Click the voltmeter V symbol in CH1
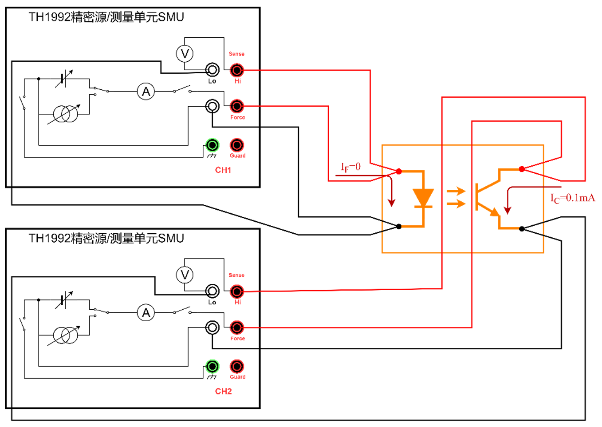pos(185,54)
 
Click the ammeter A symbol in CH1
pos(146,92)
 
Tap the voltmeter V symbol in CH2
pos(185,275)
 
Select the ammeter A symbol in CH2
pos(146,313)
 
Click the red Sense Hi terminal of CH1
pos(237,70)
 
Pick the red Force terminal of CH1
pos(237,106)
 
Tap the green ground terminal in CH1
pos(212,145)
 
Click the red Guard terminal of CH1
pos(237,145)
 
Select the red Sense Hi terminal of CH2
pos(237,291)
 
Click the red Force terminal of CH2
pos(237,327)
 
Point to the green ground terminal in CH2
pos(212,366)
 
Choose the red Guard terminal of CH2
pos(237,366)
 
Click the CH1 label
pos(223,170)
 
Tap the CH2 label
pos(223,391)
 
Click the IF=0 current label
pos(350,167)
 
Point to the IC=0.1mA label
pos(572,198)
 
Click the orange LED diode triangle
pos(423,197)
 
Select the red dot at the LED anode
pos(399,171)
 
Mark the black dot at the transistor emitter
pos(522,229)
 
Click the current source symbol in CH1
pos(66,114)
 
